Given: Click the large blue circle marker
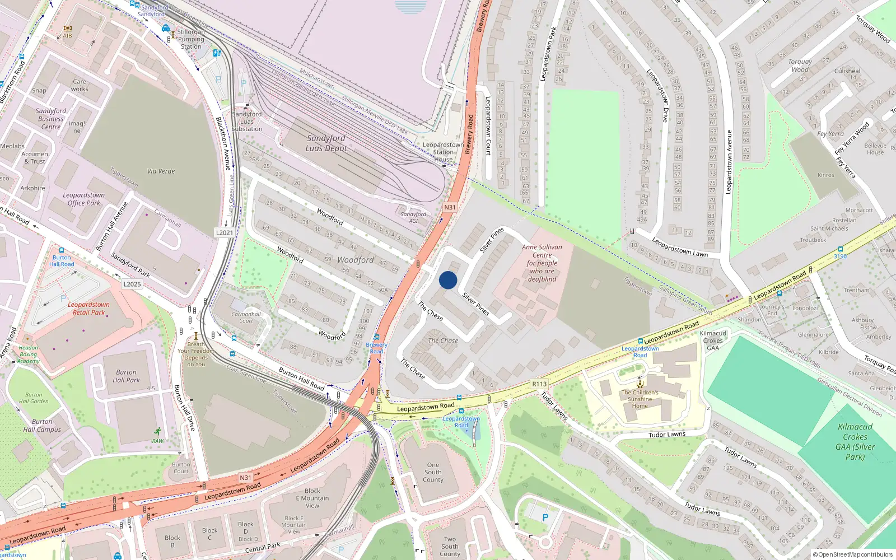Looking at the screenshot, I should click(x=448, y=280).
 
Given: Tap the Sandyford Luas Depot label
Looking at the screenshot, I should click(x=326, y=143).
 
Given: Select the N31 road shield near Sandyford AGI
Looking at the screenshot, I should click(x=450, y=207).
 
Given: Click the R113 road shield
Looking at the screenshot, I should click(x=539, y=384).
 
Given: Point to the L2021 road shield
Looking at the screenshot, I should click(x=225, y=232).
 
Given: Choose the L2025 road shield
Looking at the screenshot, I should click(x=132, y=284).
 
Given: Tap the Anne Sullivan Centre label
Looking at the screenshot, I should click(x=542, y=263).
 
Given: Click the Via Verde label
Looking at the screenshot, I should click(x=161, y=171).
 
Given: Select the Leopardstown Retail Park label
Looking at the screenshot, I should click(x=88, y=309).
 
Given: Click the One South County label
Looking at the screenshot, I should click(x=433, y=472).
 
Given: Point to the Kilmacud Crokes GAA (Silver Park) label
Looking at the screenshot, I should click(x=855, y=441).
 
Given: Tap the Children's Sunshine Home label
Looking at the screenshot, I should click(x=640, y=399).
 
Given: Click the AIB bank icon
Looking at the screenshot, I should click(x=68, y=27).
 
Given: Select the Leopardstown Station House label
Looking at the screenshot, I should click(x=443, y=152).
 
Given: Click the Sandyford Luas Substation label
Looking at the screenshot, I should click(x=247, y=122).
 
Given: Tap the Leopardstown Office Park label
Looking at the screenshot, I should click(x=84, y=199).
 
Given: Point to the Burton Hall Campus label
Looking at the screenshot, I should click(x=42, y=426).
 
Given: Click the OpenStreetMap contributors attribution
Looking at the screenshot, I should click(x=853, y=554).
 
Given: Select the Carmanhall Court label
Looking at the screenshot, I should click(x=246, y=318).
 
